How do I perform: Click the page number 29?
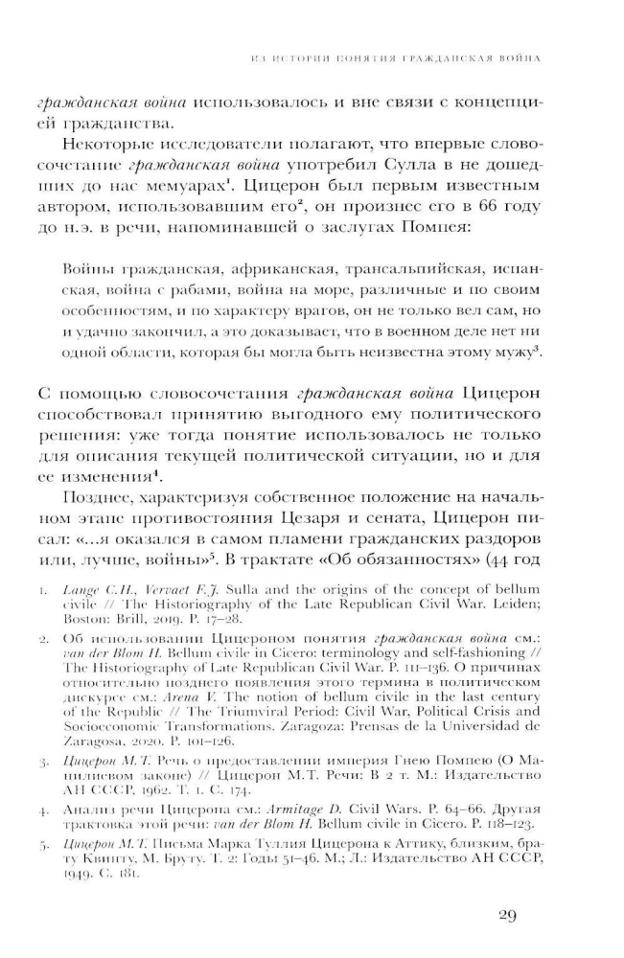point(508,916)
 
